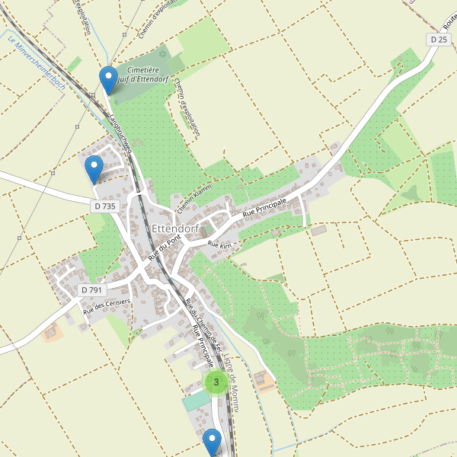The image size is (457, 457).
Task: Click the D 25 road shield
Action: [x=437, y=39]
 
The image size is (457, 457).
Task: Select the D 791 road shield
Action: [x=91, y=289]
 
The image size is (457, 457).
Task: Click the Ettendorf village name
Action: [x=175, y=228]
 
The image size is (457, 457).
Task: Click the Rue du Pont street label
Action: [x=165, y=250]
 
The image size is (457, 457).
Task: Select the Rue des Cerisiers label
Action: [x=107, y=307]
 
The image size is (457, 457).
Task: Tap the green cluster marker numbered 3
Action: [x=216, y=382]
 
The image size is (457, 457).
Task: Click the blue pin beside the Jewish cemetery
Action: [x=109, y=79]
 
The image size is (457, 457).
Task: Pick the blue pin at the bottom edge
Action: [x=212, y=442]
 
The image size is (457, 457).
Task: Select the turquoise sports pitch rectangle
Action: [x=196, y=401]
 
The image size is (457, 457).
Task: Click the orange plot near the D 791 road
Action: [x=53, y=333]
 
